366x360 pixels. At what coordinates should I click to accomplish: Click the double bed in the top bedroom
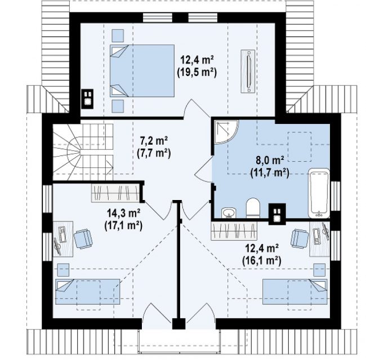[142, 70]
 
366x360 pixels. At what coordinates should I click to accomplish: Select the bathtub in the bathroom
[319, 193]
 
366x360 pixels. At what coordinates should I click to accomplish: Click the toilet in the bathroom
[253, 208]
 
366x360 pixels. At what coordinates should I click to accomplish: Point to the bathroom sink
[229, 212]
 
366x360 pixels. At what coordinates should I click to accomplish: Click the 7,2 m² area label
[154, 141]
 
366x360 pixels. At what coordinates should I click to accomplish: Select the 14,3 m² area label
[123, 213]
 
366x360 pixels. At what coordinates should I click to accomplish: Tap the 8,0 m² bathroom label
[270, 161]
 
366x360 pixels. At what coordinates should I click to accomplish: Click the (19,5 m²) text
[197, 73]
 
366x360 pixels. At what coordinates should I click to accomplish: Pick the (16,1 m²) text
[262, 261]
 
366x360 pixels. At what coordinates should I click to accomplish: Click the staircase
[83, 152]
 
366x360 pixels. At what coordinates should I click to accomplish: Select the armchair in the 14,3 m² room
[83, 239]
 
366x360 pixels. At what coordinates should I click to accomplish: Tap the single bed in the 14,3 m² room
[88, 292]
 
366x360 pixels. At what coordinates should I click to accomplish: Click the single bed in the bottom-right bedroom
[295, 292]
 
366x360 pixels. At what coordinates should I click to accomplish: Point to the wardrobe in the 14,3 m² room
[115, 193]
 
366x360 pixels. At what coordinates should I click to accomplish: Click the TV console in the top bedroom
[248, 71]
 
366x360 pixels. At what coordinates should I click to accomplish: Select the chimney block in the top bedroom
[87, 99]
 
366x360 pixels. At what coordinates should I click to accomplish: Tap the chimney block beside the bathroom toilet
[277, 214]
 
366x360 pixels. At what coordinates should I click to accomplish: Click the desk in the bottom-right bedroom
[320, 239]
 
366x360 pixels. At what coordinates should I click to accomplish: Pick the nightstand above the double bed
[118, 35]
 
